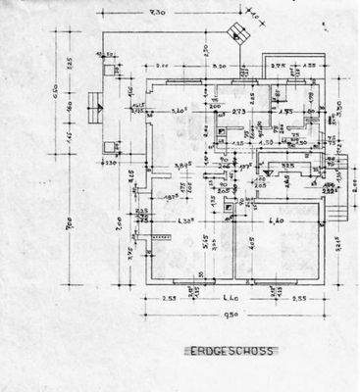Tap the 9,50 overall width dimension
(x=231, y=316)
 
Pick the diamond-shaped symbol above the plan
(x=236, y=31)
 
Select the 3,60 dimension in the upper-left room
(x=180, y=112)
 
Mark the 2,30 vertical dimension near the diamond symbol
(x=203, y=49)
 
